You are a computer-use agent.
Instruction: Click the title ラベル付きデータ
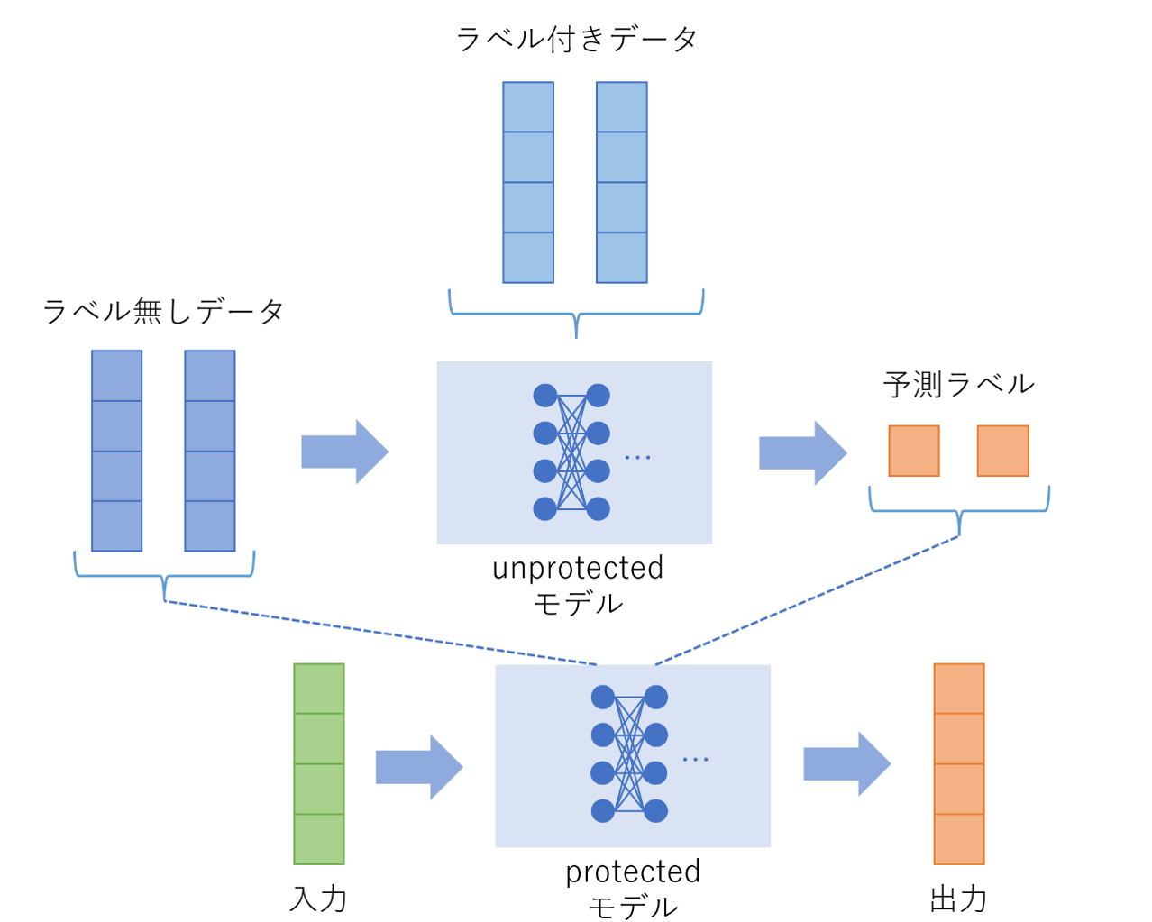click(x=577, y=39)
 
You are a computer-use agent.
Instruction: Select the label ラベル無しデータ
click(x=163, y=311)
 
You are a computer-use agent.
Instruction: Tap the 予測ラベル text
click(x=958, y=384)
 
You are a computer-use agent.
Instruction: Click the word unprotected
click(x=578, y=568)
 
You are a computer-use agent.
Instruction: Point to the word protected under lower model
click(x=633, y=872)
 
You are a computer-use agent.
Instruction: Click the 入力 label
click(x=318, y=899)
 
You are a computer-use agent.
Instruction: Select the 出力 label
click(x=958, y=899)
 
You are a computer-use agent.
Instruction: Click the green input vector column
click(x=319, y=763)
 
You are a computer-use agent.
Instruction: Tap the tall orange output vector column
click(x=958, y=763)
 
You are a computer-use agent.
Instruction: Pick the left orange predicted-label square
click(x=914, y=451)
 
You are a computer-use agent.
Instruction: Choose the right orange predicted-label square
click(x=1002, y=451)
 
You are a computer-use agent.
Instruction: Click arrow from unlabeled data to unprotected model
click(x=345, y=452)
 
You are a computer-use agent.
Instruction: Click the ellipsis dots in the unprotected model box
click(x=637, y=458)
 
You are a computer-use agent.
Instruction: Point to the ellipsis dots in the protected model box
click(x=695, y=760)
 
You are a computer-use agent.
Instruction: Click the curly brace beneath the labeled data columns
click(x=576, y=314)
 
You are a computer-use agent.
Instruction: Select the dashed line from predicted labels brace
click(x=807, y=601)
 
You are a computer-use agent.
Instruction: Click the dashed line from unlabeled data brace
click(x=379, y=633)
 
